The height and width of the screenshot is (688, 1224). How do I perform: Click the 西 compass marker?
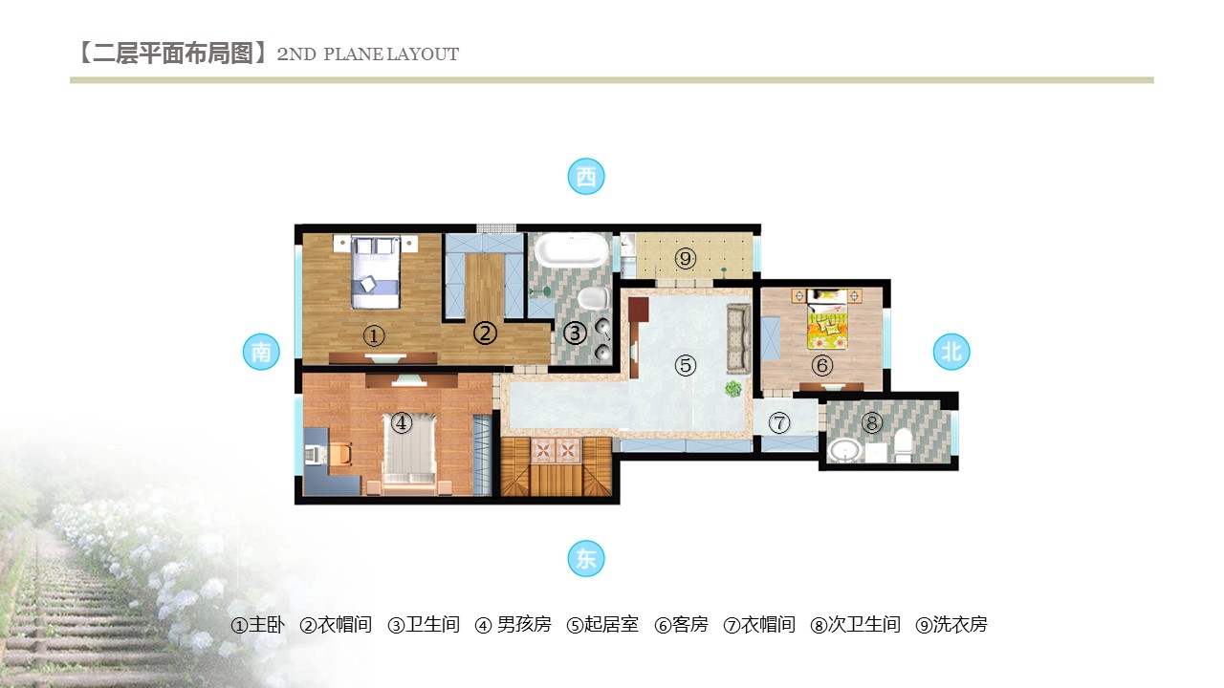coord(586,177)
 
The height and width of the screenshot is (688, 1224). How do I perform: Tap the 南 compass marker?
coord(261,352)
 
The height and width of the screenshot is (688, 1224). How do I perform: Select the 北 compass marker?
coord(951,352)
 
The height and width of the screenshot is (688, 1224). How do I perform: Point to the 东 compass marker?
coord(586,559)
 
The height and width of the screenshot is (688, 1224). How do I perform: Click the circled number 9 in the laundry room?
coord(686,258)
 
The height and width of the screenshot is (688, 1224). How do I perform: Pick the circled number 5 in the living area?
coord(686,365)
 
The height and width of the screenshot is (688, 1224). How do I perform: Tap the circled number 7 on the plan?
coord(779,422)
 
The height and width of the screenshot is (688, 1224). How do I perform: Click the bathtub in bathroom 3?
coord(572,250)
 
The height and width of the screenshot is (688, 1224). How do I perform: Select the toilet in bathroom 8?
coord(904,445)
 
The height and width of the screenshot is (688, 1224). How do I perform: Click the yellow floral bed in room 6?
coord(828,319)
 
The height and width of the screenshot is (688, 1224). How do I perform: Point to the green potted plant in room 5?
coord(733,389)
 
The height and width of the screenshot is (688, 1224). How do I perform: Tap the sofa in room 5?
coord(739,339)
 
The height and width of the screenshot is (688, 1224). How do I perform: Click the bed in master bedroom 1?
coord(375,272)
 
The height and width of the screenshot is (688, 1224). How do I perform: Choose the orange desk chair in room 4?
coord(339,454)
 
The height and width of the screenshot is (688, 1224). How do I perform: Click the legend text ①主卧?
coord(257,625)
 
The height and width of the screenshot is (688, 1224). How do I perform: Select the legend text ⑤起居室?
coord(602,625)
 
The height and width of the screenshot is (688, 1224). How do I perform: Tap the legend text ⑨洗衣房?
coord(951,625)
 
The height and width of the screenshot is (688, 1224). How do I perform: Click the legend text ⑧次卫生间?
coord(855,625)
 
